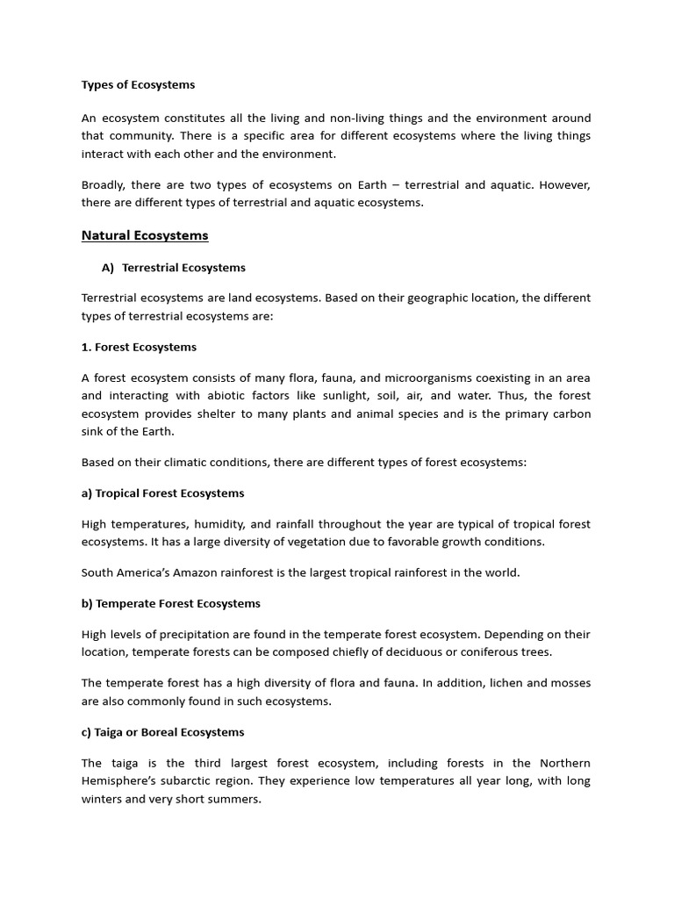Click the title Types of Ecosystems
point(138,85)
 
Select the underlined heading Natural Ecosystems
point(145,235)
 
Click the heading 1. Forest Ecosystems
point(139,347)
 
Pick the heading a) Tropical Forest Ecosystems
point(162,493)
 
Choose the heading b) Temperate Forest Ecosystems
point(170,604)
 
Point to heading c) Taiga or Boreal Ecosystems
point(162,732)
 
